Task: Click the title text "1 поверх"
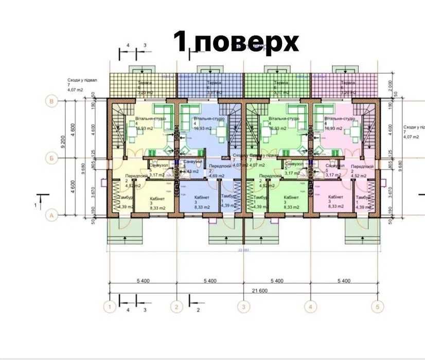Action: [x=236, y=42]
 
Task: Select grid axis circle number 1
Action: [x=109, y=307]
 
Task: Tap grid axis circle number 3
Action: [x=243, y=307]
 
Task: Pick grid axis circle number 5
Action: [x=378, y=307]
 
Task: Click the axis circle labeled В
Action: [x=51, y=101]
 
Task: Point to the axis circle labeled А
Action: [x=51, y=215]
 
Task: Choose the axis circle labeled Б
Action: [x=51, y=158]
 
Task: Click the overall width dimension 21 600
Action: [x=243, y=291]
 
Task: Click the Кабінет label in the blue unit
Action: [x=201, y=197]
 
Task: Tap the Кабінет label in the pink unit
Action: [x=335, y=197]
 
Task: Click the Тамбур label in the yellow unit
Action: [x=127, y=197]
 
